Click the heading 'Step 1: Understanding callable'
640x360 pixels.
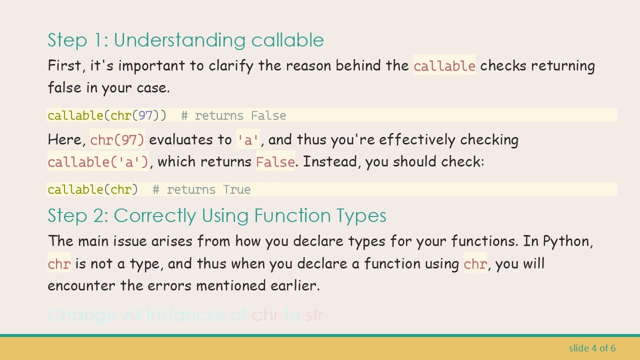(185, 40)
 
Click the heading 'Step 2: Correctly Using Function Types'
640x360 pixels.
(216, 215)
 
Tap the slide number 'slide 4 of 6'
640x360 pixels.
(592, 348)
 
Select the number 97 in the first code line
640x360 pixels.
(145, 115)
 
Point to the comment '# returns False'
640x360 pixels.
(233, 115)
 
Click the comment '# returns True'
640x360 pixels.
(201, 189)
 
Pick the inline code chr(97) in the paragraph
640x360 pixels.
(117, 140)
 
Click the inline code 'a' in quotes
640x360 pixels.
(248, 140)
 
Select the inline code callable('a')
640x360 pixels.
(98, 162)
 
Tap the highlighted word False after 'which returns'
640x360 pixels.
(275, 162)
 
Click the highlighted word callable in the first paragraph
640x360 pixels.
(444, 66)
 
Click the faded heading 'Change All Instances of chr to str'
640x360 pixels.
(185, 315)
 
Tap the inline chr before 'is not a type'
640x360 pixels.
(59, 264)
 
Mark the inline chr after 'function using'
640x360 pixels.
(475, 264)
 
